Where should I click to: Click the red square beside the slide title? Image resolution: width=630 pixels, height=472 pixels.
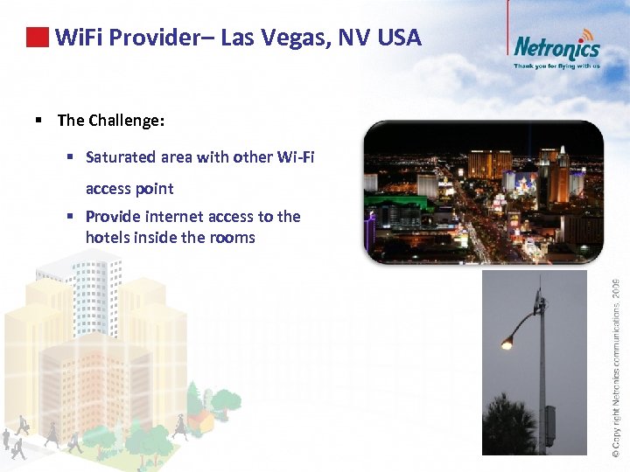(36, 38)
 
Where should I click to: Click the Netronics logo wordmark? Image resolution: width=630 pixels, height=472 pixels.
(556, 46)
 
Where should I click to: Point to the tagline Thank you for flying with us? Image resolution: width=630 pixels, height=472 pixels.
(556, 66)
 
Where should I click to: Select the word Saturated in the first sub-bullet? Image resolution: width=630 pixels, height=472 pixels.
(122, 157)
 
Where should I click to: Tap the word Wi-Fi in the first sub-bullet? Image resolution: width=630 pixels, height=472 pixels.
(293, 157)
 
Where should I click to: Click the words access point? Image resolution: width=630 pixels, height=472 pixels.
(129, 189)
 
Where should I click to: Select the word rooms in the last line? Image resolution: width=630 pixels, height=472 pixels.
(231, 238)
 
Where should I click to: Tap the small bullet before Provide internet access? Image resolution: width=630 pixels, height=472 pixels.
(71, 217)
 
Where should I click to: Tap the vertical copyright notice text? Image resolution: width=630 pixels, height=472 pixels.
(616, 367)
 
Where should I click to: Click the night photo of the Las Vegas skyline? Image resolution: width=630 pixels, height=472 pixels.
(483, 192)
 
